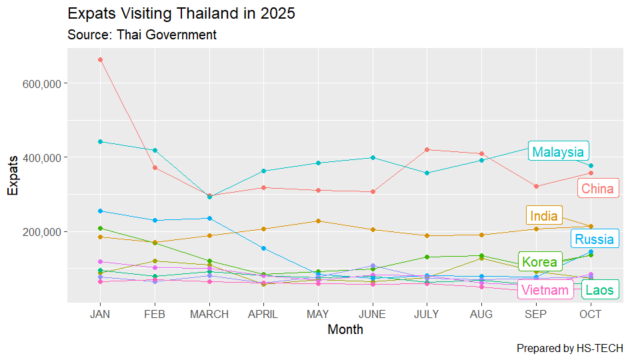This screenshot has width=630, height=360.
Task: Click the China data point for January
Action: tap(100, 59)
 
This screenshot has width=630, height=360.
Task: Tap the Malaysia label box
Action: tap(558, 151)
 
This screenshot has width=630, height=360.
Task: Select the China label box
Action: tap(597, 189)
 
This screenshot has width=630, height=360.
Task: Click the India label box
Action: tap(544, 216)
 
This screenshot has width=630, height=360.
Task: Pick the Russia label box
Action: tap(595, 239)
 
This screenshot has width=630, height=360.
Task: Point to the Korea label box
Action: tap(539, 261)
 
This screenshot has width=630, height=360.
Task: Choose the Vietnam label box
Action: tap(545, 290)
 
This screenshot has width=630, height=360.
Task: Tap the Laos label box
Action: tap(599, 290)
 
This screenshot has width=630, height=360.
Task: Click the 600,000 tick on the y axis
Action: tap(42, 83)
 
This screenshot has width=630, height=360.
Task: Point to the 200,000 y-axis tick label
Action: tap(42, 232)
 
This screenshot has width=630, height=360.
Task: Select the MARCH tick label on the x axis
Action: tap(209, 315)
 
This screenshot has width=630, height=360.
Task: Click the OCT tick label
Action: tap(590, 315)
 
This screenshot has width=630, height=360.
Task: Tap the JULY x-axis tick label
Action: tap(427, 315)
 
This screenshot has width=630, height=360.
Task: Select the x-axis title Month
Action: tap(345, 329)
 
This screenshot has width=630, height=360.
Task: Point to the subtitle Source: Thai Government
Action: tap(142, 35)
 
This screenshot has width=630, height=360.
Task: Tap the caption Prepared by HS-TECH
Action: tap(569, 348)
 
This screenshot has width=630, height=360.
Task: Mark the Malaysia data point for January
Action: tap(100, 141)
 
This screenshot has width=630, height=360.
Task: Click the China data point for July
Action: tap(427, 149)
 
